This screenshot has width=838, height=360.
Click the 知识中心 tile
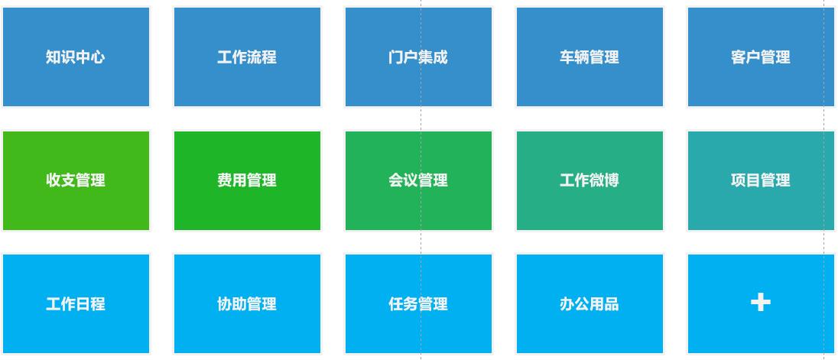(x=76, y=57)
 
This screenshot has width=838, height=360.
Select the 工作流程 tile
(x=247, y=57)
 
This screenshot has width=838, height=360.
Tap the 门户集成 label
(x=418, y=57)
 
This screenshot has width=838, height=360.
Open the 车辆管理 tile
(x=590, y=57)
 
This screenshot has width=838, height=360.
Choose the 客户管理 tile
(x=761, y=57)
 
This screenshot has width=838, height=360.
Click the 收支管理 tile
(x=76, y=180)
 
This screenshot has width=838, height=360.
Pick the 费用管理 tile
(x=247, y=180)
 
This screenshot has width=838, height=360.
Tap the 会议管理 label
(x=418, y=180)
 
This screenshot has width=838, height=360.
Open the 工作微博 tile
(x=590, y=180)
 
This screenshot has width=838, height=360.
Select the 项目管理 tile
(x=761, y=180)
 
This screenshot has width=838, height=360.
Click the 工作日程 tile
(x=76, y=304)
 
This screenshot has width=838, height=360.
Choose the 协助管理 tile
(x=247, y=304)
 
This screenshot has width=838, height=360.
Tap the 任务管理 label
(x=418, y=304)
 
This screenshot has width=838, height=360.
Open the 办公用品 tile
(x=590, y=304)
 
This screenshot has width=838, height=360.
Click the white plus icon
(x=761, y=303)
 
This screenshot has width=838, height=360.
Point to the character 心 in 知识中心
(x=98, y=57)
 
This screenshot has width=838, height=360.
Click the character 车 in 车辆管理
(x=567, y=57)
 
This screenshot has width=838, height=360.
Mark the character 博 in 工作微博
(x=612, y=180)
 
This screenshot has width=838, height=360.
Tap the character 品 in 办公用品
(x=612, y=304)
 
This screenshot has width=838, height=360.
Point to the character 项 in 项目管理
(x=739, y=180)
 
